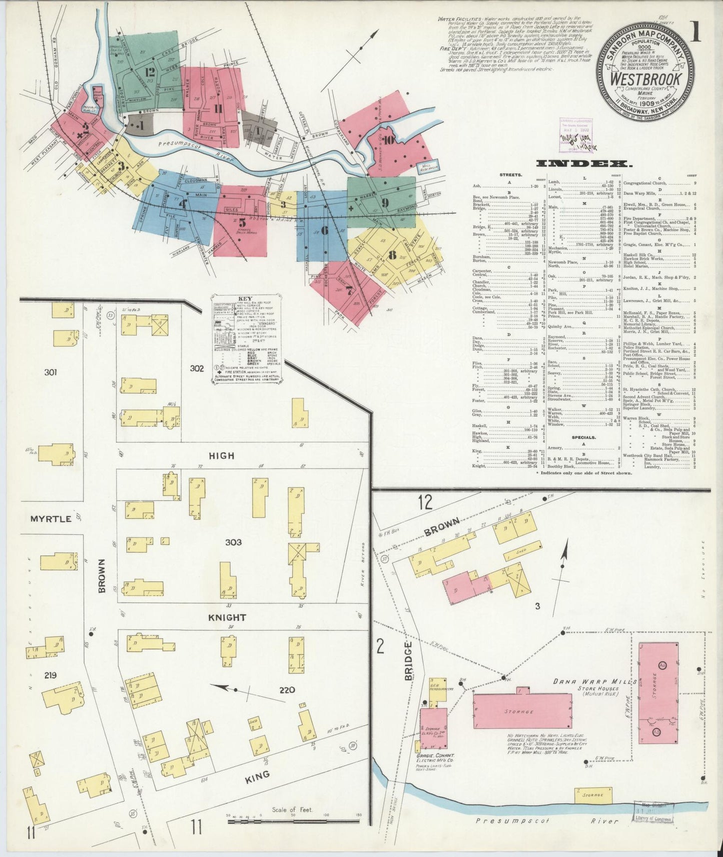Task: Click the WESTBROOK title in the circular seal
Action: (x=645, y=79)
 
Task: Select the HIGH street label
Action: (x=221, y=455)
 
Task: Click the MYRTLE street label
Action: (x=51, y=518)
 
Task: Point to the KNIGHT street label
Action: (x=227, y=617)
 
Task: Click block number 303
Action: (x=233, y=542)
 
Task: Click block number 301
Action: (x=50, y=372)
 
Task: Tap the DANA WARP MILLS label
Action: (x=594, y=681)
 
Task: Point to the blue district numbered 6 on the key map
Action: (x=324, y=230)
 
